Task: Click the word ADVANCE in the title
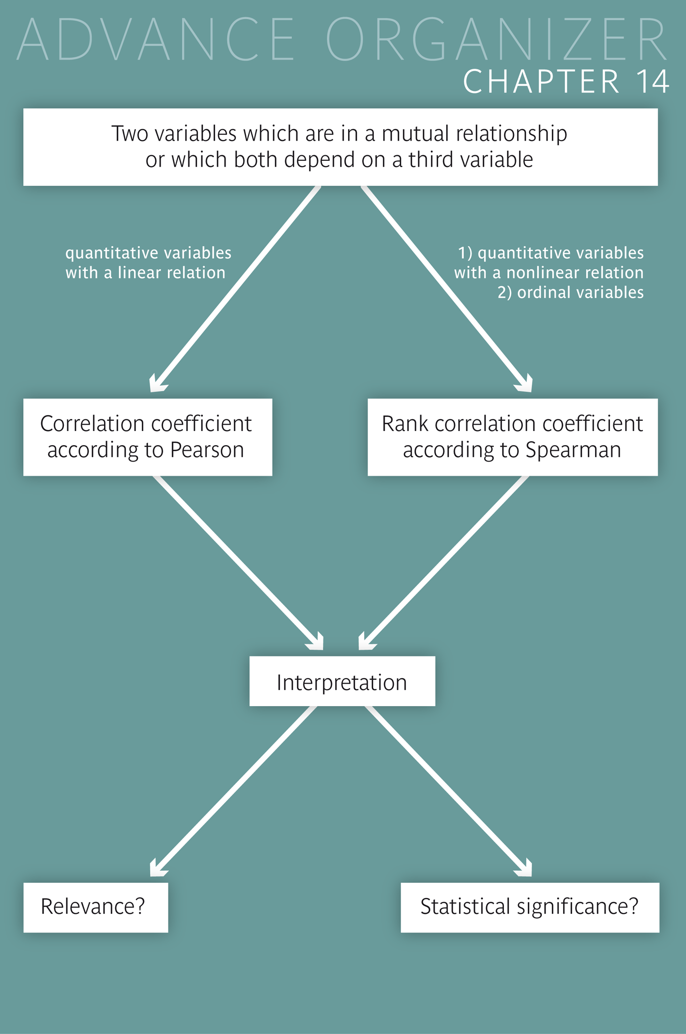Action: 156,40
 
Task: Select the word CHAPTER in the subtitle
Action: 541,81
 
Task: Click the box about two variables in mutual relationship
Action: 340,147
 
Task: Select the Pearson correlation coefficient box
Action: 148,437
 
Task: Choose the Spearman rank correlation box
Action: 512,437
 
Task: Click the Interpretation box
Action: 342,681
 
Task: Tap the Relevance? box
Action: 95,907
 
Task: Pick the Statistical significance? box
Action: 530,907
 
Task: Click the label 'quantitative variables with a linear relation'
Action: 148,262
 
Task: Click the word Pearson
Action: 207,450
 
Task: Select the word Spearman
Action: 573,450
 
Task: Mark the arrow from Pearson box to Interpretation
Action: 237,562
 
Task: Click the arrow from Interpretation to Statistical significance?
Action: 448,789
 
